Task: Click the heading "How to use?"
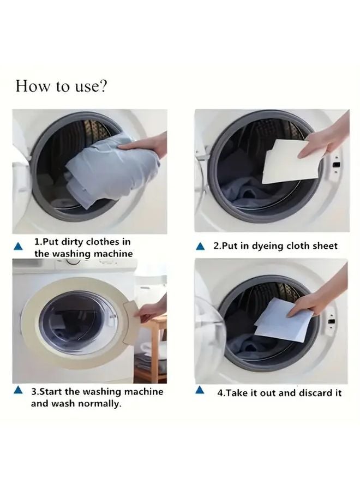click(61, 86)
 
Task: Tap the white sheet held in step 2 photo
click(284, 163)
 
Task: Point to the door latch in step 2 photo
click(337, 164)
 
